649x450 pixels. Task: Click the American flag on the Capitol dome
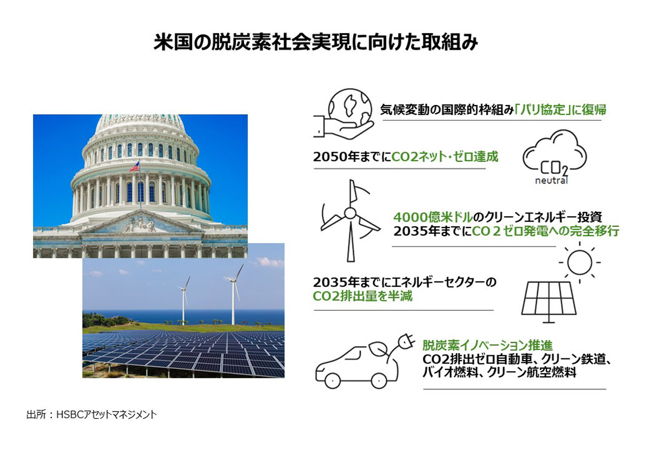coord(135,167)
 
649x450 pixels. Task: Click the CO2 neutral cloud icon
coord(554,156)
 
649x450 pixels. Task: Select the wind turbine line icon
coord(350,220)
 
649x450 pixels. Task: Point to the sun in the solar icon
coord(579,262)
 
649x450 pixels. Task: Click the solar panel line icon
coord(549,302)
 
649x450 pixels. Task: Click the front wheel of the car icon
coord(332,380)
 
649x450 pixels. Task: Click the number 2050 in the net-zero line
coord(330,157)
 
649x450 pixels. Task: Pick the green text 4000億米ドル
coord(433,217)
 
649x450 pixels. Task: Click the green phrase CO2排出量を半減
coord(362,296)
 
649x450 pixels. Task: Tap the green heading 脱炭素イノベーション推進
coord(487,345)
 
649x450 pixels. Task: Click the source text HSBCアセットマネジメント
coord(107,415)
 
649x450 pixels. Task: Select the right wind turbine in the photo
coord(234,293)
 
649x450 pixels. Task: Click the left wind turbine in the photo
coord(184,299)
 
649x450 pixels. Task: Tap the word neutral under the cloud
coord(551,180)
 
